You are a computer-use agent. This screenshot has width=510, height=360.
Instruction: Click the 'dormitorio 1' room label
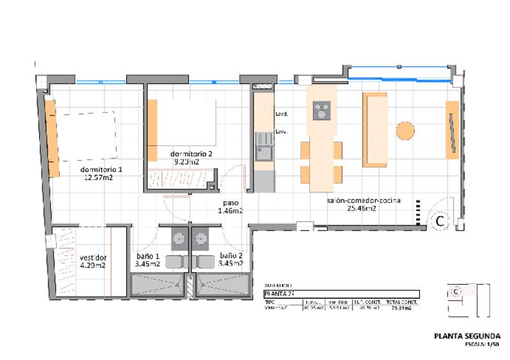(101, 169)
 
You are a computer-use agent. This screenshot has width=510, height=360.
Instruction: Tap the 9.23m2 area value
(186, 162)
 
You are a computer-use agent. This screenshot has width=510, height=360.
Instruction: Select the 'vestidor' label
(92, 257)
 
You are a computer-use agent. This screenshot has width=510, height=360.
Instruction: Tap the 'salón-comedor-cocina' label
(363, 200)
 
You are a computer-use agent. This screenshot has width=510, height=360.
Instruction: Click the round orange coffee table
(405, 131)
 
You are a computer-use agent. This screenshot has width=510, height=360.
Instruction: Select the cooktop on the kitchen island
(322, 111)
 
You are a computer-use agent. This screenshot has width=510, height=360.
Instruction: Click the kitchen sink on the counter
(263, 152)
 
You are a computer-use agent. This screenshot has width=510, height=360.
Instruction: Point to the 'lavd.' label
(281, 115)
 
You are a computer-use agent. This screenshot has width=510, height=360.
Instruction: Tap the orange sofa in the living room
(374, 129)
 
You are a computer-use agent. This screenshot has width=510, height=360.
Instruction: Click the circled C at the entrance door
(439, 221)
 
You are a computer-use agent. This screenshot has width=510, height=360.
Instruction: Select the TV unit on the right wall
(452, 129)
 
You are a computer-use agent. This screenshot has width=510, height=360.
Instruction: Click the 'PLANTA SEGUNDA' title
(467, 336)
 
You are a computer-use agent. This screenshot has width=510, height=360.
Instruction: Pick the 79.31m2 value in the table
(402, 308)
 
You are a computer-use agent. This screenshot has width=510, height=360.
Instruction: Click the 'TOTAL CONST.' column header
(402, 302)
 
